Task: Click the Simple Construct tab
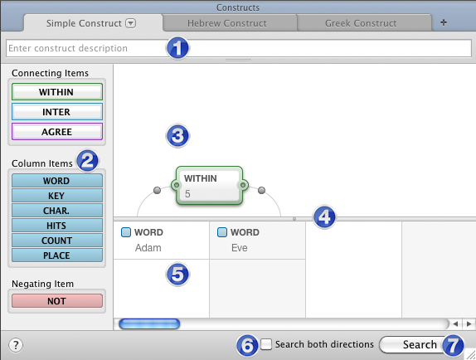pyautogui.click(x=91, y=23)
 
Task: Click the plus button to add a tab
pyautogui.click(x=444, y=22)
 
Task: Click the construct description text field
pyautogui.click(x=238, y=48)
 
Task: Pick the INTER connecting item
pyautogui.click(x=57, y=112)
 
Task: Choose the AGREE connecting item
pyautogui.click(x=57, y=132)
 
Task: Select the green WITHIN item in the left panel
pyautogui.click(x=57, y=92)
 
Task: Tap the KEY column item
pyautogui.click(x=57, y=196)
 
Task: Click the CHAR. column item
pyautogui.click(x=57, y=211)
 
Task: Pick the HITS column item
pyautogui.click(x=57, y=226)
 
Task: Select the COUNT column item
pyautogui.click(x=57, y=241)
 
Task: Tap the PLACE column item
pyautogui.click(x=57, y=255)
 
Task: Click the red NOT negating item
pyautogui.click(x=57, y=301)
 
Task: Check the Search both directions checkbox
pyautogui.click(x=266, y=344)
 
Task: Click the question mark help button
pyautogui.click(x=16, y=345)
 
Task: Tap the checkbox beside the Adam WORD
pyautogui.click(x=126, y=232)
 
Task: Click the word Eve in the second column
pyautogui.click(x=239, y=248)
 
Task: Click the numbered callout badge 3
pyautogui.click(x=177, y=136)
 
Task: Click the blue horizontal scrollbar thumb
pyautogui.click(x=149, y=324)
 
